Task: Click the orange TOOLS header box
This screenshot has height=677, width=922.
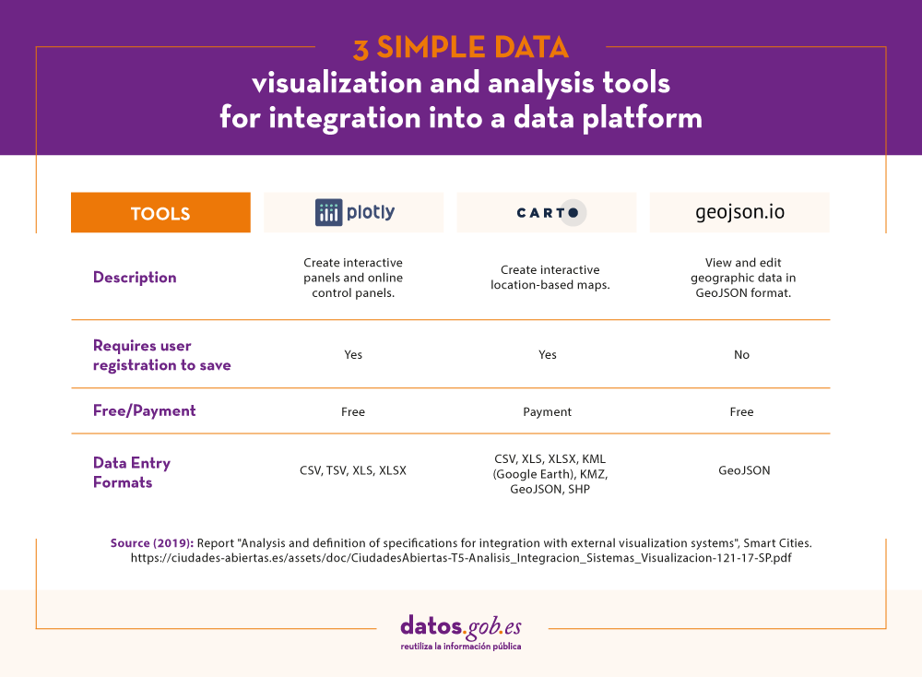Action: coord(160,212)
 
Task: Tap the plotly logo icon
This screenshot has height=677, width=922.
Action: coord(329,212)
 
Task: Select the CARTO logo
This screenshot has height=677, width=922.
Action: coord(548,212)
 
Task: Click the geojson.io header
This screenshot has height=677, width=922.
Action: coord(739,212)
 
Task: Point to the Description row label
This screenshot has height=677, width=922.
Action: coord(135,277)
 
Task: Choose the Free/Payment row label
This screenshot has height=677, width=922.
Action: coord(144,410)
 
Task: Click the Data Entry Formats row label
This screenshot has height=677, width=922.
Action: coord(132,472)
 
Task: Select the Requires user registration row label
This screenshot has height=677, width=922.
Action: coord(161,355)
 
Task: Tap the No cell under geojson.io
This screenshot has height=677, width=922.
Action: coord(741,355)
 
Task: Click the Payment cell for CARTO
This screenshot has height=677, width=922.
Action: coord(547,411)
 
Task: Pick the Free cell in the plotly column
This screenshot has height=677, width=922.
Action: coord(353,411)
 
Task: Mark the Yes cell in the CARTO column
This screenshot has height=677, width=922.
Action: coord(548,355)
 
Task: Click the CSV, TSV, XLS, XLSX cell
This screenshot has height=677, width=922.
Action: coord(353,470)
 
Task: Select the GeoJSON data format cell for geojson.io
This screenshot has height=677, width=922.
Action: coord(744,470)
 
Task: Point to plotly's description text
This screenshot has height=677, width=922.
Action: coord(353,278)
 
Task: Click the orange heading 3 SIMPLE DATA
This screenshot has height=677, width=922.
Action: coord(461,48)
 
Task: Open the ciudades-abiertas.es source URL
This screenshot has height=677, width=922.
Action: coord(461,558)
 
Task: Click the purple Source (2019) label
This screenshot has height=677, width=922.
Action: coord(152,543)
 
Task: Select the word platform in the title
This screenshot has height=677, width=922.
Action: coord(643,118)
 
